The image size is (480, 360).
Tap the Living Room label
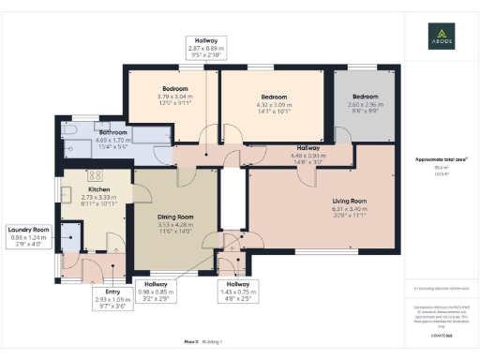click(350, 201)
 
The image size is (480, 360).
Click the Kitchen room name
click(73, 190)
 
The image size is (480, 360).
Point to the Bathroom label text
click(113, 133)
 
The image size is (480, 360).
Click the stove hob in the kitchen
click(95, 175)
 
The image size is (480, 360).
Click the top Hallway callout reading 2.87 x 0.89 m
click(206, 48)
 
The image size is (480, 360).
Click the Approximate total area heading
click(440, 159)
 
